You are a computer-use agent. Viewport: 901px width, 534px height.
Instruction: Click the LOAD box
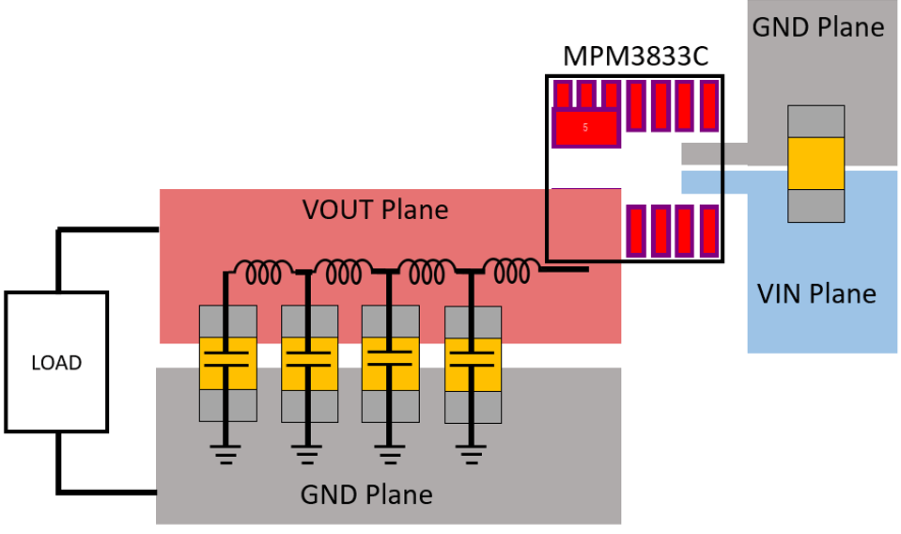(56, 362)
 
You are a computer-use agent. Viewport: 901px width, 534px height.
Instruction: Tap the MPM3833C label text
(635, 55)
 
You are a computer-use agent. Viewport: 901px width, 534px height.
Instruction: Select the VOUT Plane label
(375, 209)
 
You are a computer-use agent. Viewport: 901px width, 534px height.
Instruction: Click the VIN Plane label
(816, 293)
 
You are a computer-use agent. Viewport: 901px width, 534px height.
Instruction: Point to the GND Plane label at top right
(817, 26)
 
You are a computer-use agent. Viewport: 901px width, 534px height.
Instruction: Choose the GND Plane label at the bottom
(366, 494)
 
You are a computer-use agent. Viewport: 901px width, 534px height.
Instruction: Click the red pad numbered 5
(585, 128)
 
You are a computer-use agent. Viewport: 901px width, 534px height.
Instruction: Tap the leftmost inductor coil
(265, 273)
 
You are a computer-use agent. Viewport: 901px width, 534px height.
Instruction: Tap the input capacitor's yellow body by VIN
(816, 164)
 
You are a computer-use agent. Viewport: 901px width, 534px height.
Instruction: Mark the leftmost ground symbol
(225, 456)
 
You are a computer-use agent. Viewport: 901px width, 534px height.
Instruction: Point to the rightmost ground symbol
(473, 456)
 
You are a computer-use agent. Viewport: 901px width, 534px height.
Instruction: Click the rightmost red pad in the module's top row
(708, 105)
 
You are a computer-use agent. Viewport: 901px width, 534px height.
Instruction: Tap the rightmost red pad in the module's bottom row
(708, 231)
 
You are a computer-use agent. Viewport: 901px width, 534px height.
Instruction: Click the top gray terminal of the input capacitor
(816, 121)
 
